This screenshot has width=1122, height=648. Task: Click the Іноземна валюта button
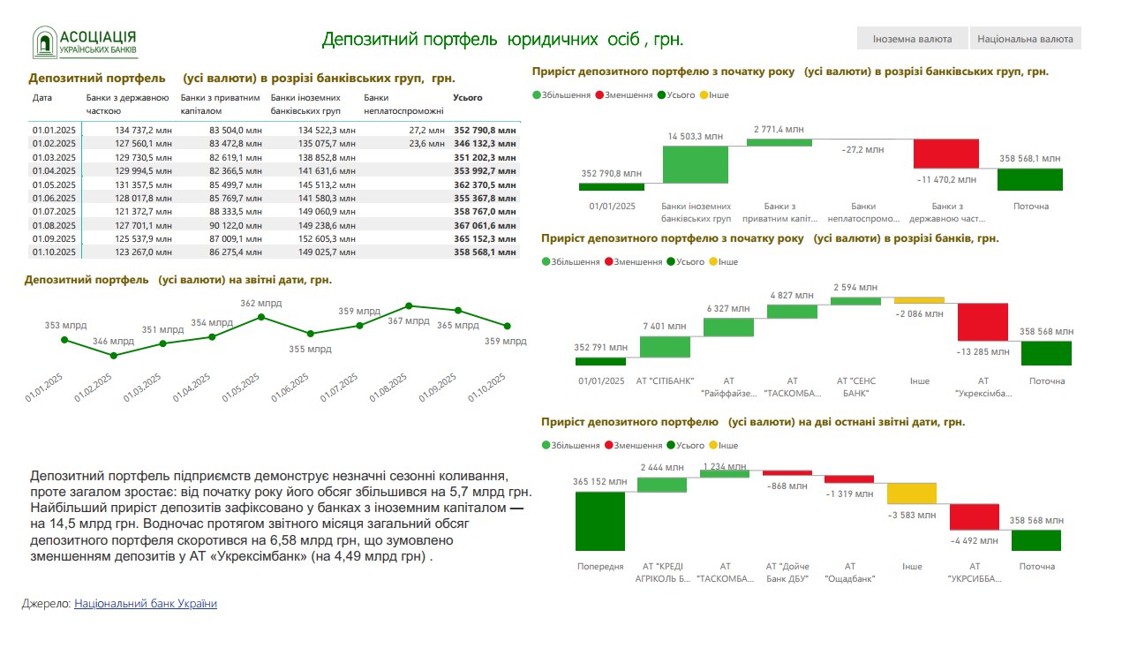(x=912, y=39)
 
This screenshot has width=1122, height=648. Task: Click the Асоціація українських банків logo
(x=86, y=41)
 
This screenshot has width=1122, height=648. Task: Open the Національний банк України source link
(x=146, y=604)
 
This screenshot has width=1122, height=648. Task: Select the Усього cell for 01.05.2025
(x=485, y=185)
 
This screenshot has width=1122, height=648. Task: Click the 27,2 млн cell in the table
(x=426, y=130)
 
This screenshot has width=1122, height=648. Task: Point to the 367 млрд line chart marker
(x=408, y=305)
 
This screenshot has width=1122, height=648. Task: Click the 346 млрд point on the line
(x=113, y=356)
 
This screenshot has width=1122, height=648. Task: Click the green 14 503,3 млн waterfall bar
(x=695, y=164)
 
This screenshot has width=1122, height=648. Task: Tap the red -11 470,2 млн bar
(x=945, y=154)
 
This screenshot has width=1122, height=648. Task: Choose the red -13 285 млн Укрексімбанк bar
(x=983, y=322)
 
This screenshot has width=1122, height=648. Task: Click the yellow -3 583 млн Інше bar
(x=911, y=494)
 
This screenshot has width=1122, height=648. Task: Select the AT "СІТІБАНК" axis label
(x=665, y=381)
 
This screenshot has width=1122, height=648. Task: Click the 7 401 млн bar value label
(x=664, y=326)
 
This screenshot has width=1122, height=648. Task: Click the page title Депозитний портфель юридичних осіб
(x=502, y=39)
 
